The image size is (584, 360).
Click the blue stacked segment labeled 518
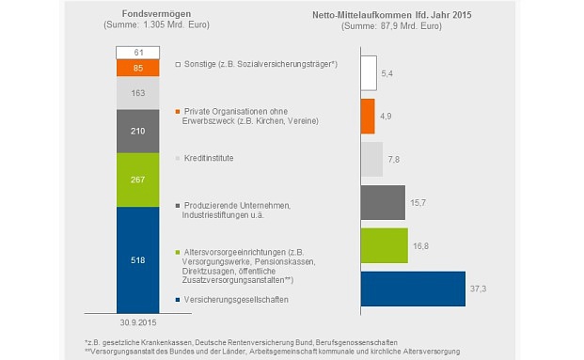[x=138, y=259]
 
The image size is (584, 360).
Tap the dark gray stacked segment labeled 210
[x=138, y=131]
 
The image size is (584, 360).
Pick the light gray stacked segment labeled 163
[x=138, y=92]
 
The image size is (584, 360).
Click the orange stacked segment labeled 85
[x=138, y=68]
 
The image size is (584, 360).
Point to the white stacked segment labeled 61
[x=138, y=52]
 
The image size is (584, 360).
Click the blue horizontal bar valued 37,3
[x=413, y=289]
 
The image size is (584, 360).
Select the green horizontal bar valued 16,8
[x=384, y=245]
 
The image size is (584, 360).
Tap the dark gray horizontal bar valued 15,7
[x=382, y=203]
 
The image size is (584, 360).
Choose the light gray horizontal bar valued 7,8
[x=371, y=160]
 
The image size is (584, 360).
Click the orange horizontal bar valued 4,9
[x=368, y=116]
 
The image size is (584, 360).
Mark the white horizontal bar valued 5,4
[x=369, y=73]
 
